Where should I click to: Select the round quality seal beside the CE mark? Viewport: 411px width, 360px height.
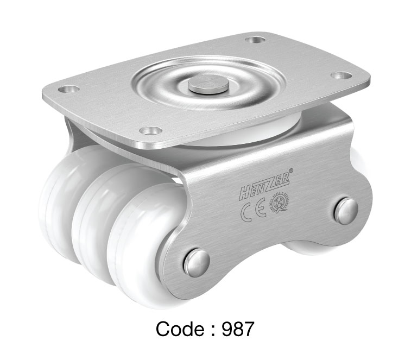click(x=280, y=205)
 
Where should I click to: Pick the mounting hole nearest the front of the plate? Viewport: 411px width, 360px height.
click(x=150, y=130)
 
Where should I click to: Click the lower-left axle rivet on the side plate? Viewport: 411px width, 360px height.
click(x=197, y=262)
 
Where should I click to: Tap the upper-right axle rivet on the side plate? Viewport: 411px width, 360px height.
click(x=346, y=211)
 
